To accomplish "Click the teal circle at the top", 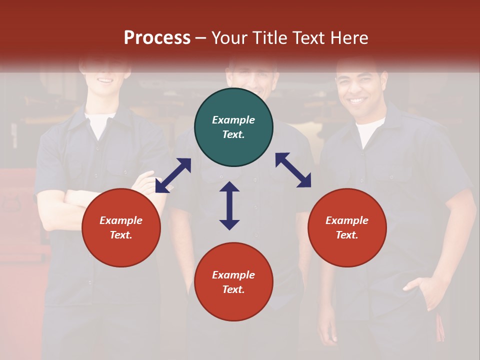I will (x=233, y=127).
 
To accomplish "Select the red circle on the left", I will (x=121, y=227).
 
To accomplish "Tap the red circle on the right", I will (x=347, y=227).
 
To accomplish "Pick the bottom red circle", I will (x=233, y=282).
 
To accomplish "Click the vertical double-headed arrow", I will (x=229, y=205).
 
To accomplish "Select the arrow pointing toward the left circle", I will (x=173, y=175).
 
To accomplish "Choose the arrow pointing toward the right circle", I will (x=293, y=170).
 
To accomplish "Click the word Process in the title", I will (x=157, y=37).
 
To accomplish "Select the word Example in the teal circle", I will (x=233, y=120).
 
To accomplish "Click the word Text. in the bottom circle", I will (x=233, y=289).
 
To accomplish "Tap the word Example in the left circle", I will (x=121, y=220).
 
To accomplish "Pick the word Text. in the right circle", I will (x=347, y=235).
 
